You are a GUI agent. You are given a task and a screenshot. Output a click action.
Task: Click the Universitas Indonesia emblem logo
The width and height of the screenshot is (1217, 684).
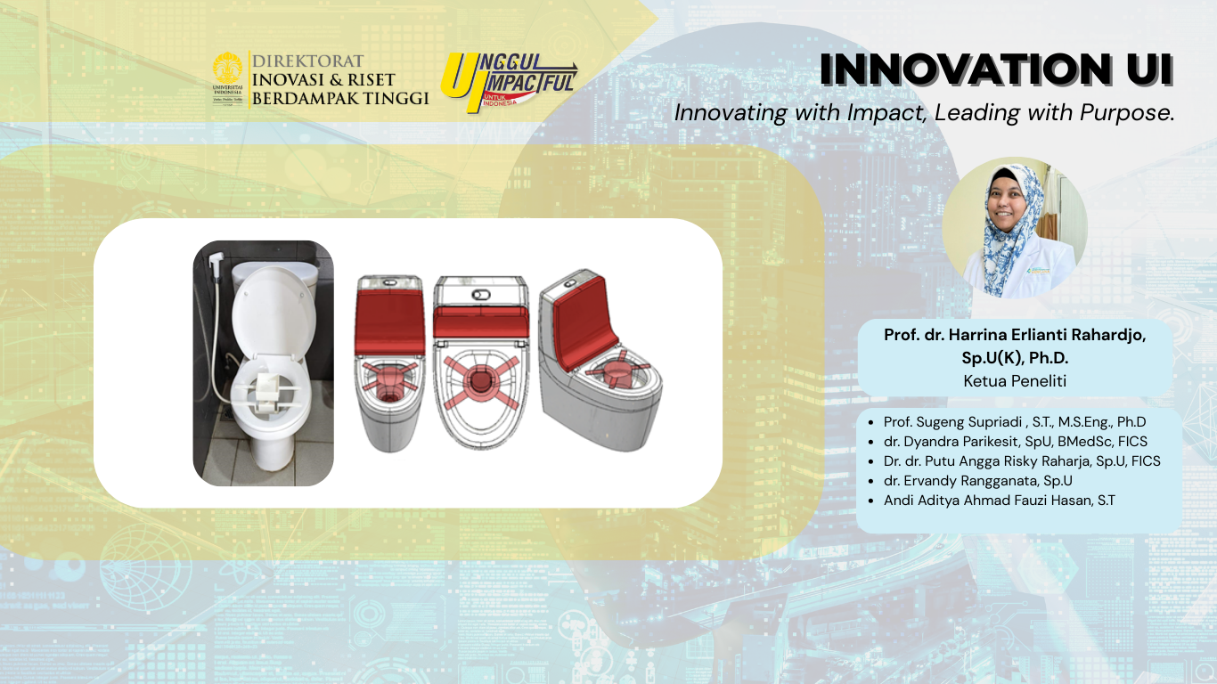pyautogui.click(x=228, y=78)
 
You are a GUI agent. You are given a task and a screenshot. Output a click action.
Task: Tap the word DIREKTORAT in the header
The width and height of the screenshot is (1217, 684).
pyautogui.click(x=307, y=61)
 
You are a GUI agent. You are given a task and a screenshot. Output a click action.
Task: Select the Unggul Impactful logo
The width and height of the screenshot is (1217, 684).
pyautogui.click(x=509, y=82)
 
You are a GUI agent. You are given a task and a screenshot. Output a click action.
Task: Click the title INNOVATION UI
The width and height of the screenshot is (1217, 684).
pyautogui.click(x=997, y=69)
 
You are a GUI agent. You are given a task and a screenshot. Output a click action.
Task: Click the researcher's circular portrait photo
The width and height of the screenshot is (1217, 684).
pyautogui.click(x=1015, y=228)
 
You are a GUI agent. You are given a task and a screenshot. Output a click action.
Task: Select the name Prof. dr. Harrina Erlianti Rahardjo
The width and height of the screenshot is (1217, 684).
pyautogui.click(x=1015, y=335)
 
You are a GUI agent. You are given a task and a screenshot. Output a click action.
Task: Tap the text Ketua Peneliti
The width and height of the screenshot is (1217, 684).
pyautogui.click(x=1015, y=381)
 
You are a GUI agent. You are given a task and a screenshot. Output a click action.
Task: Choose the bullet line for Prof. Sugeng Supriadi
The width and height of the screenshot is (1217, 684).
pyautogui.click(x=1009, y=421)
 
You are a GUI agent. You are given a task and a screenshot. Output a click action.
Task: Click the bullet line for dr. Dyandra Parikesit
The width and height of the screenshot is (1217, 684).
pyautogui.click(x=1009, y=441)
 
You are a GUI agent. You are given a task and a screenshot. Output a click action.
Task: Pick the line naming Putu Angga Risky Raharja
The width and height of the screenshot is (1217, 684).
pyautogui.click(x=1015, y=460)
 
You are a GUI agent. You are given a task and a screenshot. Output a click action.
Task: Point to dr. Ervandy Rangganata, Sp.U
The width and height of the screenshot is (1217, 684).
pyautogui.click(x=970, y=480)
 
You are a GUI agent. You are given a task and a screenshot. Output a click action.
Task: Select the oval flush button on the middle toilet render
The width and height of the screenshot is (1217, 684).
pyautogui.click(x=481, y=295)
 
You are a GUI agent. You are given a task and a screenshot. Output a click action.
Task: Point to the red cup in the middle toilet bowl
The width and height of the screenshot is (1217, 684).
pyautogui.click(x=480, y=379)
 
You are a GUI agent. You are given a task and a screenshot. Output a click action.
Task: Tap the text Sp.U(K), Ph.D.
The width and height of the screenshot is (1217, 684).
pyautogui.click(x=1015, y=358)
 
